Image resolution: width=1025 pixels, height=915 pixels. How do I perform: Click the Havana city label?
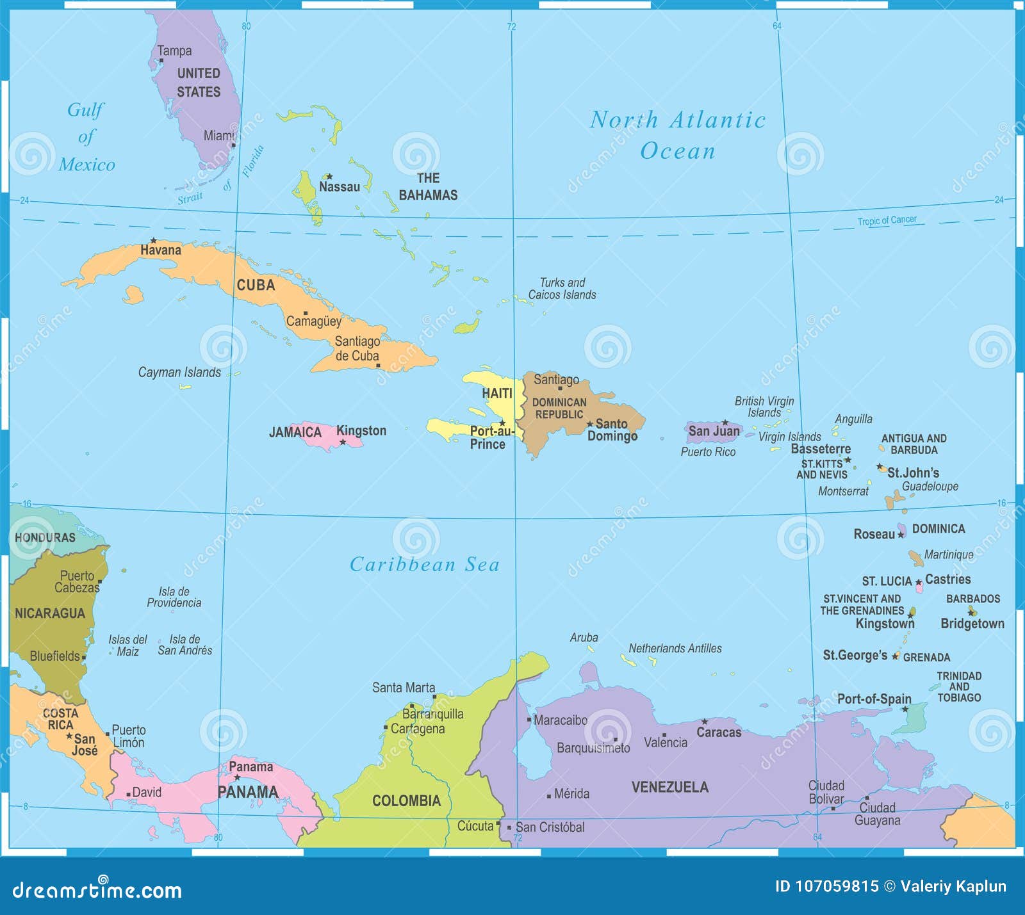[160, 250]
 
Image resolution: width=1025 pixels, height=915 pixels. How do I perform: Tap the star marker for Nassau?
[329, 176]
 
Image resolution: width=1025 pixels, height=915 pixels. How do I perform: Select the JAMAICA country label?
[295, 432]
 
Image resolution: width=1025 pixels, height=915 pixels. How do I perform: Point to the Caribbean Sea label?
[424, 564]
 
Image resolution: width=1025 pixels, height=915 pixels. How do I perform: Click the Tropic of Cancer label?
[887, 220]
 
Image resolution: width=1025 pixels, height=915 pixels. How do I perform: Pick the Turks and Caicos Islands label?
[562, 289]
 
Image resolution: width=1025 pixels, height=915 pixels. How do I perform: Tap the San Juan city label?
[714, 432]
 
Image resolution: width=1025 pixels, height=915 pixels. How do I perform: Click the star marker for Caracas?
[704, 722]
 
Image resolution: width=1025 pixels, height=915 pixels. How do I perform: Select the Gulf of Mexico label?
[87, 137]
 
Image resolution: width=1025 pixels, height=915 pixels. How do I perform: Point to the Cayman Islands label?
[179, 372]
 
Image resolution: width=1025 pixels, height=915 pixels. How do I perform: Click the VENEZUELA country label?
[670, 787]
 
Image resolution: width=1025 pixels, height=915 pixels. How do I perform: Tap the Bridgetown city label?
[972, 624]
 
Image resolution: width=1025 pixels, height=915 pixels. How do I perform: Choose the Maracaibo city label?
[561, 720]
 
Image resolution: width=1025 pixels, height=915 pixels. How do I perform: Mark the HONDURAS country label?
[45, 538]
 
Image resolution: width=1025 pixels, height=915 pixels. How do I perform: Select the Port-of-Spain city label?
[874, 699]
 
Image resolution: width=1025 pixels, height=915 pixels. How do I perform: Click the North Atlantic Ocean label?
[677, 135]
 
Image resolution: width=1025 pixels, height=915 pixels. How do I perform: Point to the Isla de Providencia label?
[174, 597]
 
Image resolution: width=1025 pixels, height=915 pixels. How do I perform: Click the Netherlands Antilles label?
[675, 649]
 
